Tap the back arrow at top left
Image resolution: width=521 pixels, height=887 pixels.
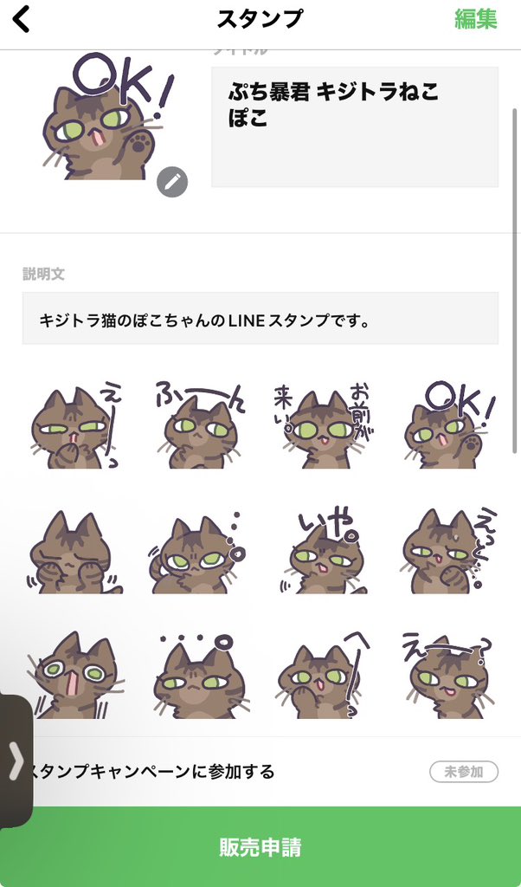22,19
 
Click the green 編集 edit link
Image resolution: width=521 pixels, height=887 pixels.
476,19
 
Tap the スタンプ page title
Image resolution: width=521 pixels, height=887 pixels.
260,19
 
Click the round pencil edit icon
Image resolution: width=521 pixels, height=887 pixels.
172,181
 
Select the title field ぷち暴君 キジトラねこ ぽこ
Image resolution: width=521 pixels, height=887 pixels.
355,126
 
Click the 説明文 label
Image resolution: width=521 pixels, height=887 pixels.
43,274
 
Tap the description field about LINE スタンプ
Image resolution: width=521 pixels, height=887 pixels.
260,319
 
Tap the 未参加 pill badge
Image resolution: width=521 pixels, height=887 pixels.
464,771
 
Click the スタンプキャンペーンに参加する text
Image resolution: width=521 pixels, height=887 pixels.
151,771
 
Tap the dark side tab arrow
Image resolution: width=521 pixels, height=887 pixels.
16,762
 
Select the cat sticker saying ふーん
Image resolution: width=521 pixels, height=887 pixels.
198,426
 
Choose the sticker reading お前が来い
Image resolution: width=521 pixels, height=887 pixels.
322,426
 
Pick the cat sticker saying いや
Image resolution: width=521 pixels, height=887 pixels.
322,553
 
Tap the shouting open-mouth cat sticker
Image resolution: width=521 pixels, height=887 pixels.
73,676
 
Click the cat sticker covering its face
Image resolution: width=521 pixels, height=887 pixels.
73,553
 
